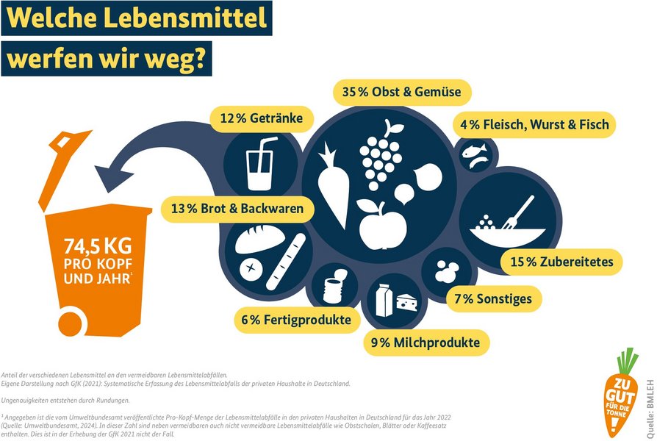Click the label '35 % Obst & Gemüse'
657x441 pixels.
(x=401, y=93)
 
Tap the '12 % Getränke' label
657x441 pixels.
(x=262, y=118)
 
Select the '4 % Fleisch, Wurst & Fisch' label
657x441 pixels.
(x=534, y=124)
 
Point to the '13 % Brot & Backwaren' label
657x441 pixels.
(x=237, y=209)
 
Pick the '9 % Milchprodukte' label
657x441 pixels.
(x=426, y=343)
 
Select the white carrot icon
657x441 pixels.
(x=332, y=184)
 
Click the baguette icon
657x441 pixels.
(x=285, y=261)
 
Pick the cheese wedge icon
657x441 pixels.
(x=406, y=300)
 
